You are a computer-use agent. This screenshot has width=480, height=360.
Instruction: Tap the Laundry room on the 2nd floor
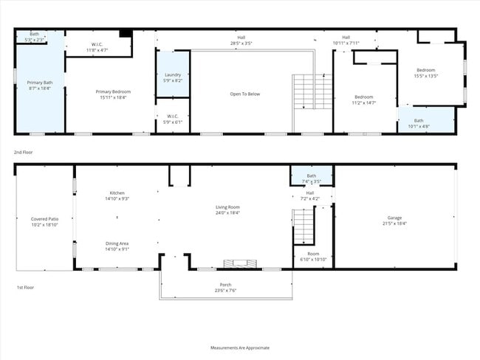click(x=172, y=77)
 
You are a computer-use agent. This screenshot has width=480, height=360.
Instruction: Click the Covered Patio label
click(x=44, y=221)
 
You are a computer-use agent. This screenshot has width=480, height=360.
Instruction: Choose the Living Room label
click(x=227, y=210)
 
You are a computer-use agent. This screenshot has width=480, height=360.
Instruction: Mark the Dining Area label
click(x=117, y=246)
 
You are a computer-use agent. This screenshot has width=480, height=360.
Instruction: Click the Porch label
click(x=225, y=287)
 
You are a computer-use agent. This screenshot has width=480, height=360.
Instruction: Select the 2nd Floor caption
click(x=24, y=152)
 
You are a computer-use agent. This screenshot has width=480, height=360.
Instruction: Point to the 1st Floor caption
click(x=25, y=287)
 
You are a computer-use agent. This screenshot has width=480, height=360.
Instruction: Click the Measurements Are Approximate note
click(x=240, y=347)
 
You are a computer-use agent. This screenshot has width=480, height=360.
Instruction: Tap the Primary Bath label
click(x=39, y=85)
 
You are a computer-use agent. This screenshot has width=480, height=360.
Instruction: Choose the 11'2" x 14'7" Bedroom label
click(x=364, y=100)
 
